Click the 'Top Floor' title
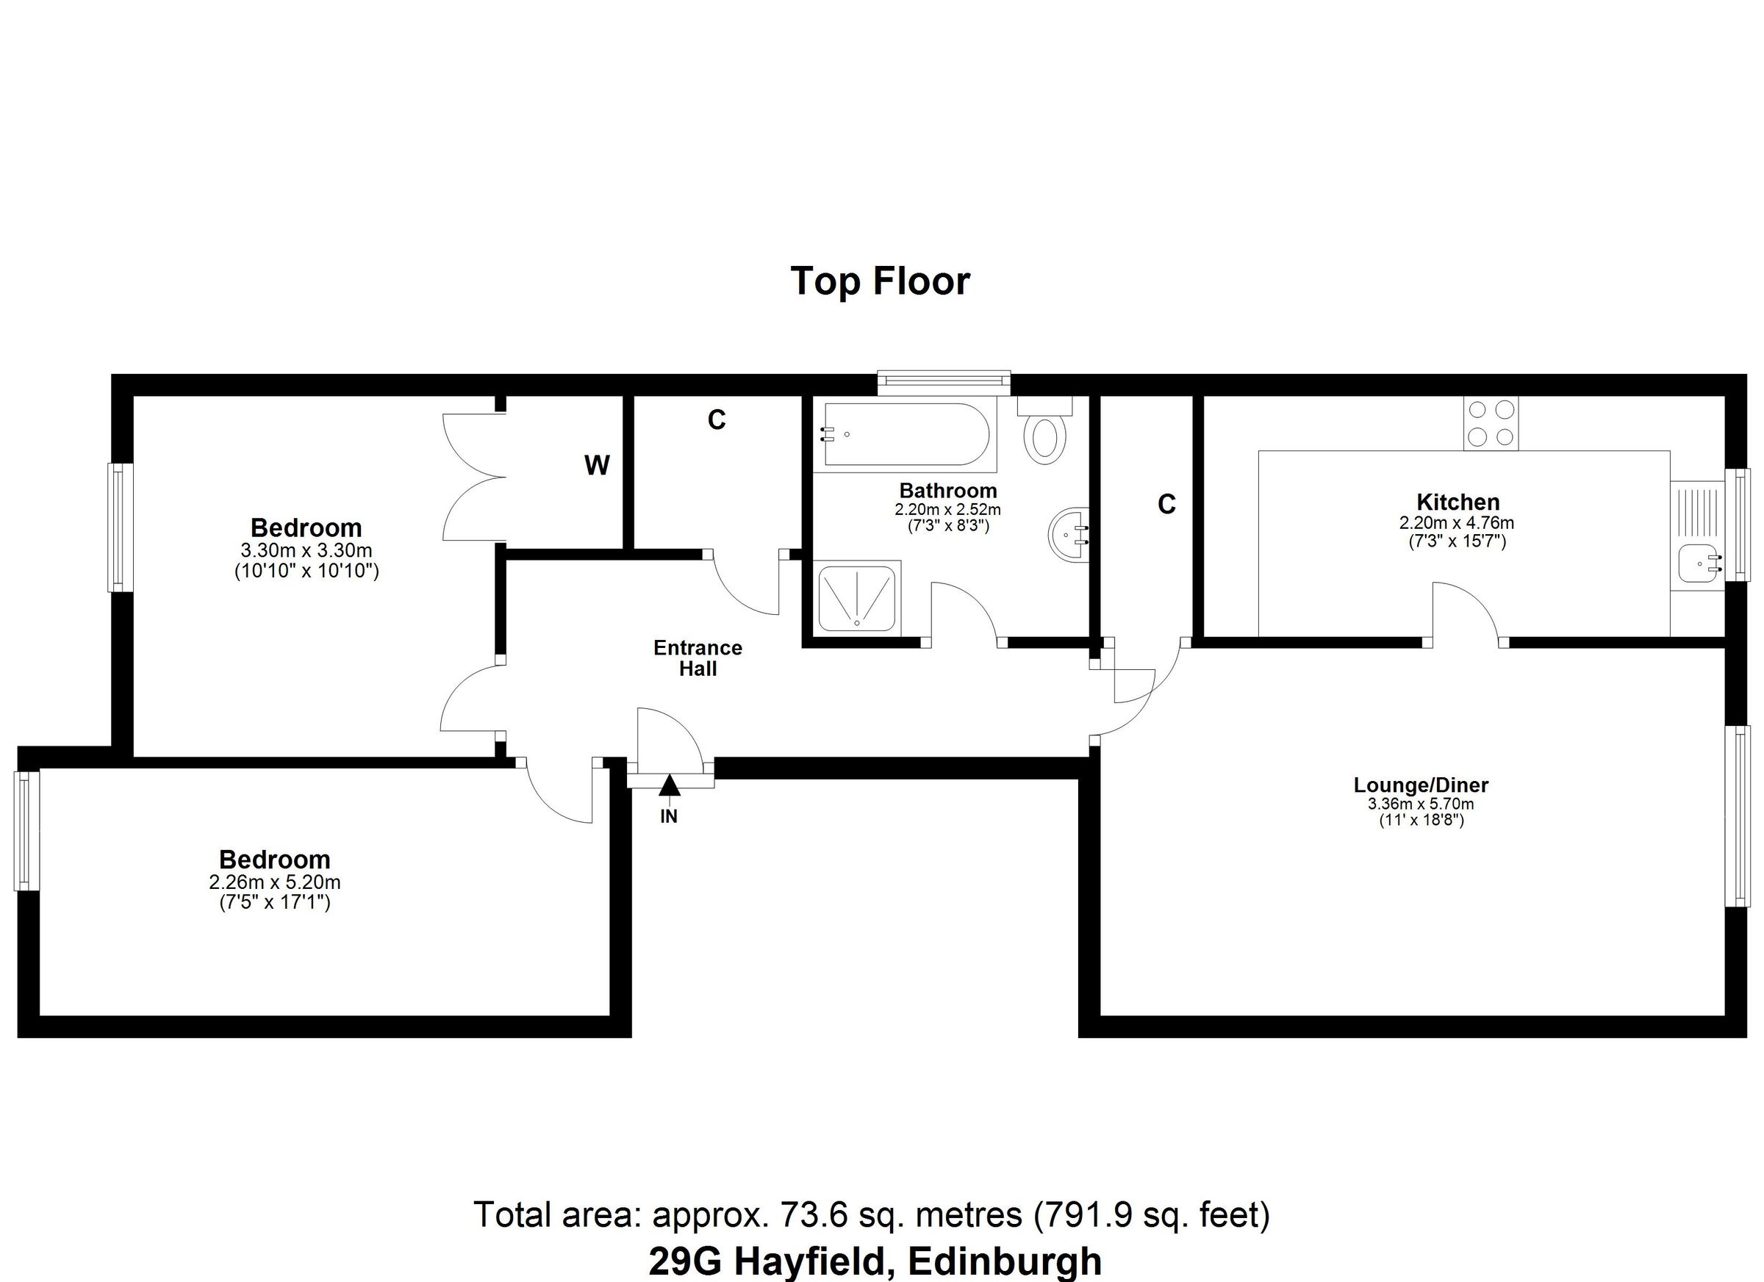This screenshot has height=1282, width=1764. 880,281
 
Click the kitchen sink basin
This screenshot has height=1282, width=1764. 1698,563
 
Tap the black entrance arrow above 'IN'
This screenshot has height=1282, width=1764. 669,785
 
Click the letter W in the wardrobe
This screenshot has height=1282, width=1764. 597,466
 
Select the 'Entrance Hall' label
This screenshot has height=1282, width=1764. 697,658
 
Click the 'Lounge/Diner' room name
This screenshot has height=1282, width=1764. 1421,785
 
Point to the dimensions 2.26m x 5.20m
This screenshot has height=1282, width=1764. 275,882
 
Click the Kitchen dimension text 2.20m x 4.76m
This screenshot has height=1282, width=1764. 1456,522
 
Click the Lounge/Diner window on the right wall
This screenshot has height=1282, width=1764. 1738,815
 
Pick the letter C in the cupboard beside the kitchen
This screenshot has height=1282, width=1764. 1166,505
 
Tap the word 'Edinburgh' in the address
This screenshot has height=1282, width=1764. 1004,1260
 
